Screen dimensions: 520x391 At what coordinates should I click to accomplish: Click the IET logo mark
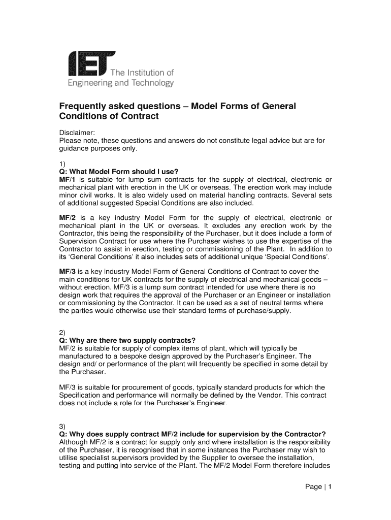(91, 63)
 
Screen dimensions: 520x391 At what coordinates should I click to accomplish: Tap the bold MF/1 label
(67, 179)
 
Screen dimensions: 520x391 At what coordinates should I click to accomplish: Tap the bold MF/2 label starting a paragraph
(68, 217)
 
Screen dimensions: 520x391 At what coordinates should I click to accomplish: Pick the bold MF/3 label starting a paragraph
(68, 271)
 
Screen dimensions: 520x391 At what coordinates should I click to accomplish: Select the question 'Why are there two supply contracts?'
(127, 340)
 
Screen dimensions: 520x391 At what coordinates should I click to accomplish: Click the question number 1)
(63, 164)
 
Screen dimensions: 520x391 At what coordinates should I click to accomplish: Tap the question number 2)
(63, 332)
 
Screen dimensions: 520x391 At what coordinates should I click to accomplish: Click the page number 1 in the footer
(330, 487)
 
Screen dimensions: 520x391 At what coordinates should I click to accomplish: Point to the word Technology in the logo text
(152, 83)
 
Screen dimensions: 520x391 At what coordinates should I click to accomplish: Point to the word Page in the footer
(313, 487)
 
